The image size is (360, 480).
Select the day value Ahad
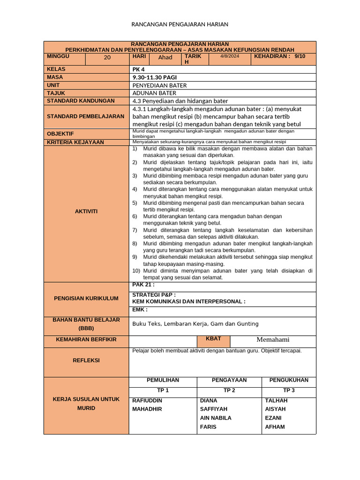pyautogui.click(x=165, y=58)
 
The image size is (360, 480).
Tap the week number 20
pyautogui.click(x=107, y=58)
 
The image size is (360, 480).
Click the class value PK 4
pyautogui.click(x=139, y=69)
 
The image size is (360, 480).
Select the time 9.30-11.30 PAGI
pyautogui.click(x=155, y=77)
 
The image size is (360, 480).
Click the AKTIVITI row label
pyautogui.click(x=86, y=211)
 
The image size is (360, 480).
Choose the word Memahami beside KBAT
pyautogui.click(x=273, y=340)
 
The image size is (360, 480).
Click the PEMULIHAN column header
pyautogui.click(x=163, y=380)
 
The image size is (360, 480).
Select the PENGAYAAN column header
pyautogui.click(x=229, y=380)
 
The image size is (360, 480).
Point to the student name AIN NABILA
pyautogui.click(x=216, y=418)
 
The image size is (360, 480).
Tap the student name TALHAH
pyautogui.click(x=277, y=400)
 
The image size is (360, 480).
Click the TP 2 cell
pyautogui.click(x=229, y=390)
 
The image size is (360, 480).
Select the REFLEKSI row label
pyautogui.click(x=86, y=360)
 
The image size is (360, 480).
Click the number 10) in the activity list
pyautogui.click(x=136, y=270)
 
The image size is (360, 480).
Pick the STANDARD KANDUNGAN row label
pyautogui.click(x=81, y=101)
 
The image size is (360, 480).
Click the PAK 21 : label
pyautogui.click(x=143, y=285)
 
